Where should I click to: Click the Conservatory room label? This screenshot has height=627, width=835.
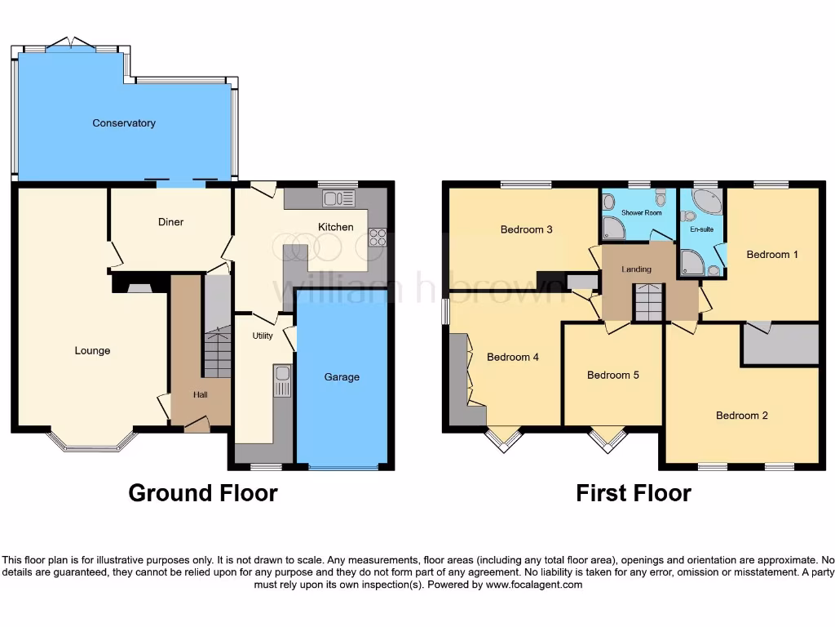(x=124, y=123)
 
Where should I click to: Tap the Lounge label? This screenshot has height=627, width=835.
(x=92, y=351)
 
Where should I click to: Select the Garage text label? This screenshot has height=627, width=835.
(x=342, y=377)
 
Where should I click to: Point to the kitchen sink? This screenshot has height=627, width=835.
(x=338, y=198)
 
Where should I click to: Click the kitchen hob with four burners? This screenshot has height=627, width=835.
(x=378, y=237)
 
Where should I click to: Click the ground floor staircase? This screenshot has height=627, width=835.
(x=217, y=351)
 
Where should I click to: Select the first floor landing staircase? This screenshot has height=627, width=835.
(x=650, y=302)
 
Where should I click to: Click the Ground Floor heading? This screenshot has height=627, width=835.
(x=203, y=493)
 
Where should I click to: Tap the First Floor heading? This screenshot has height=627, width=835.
(x=634, y=493)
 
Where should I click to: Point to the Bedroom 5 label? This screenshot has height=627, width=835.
(x=612, y=376)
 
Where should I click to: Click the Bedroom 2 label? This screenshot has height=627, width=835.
(x=741, y=416)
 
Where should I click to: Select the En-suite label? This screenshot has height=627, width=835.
(x=701, y=229)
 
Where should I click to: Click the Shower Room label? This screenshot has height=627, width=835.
(x=641, y=213)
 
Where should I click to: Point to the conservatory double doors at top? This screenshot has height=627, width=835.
(x=72, y=43)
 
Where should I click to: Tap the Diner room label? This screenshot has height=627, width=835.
(x=170, y=222)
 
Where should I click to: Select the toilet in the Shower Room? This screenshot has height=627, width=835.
(x=660, y=196)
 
